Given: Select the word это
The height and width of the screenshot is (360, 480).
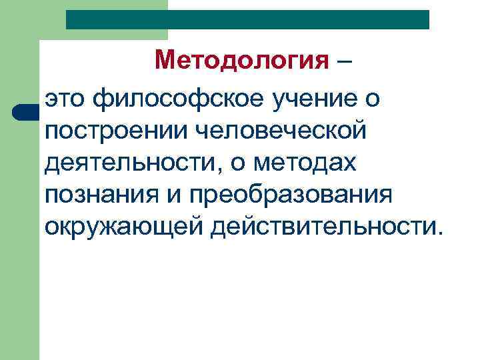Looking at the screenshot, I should [x=67, y=101].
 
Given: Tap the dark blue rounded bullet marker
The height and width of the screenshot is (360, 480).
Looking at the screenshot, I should [x=23, y=111].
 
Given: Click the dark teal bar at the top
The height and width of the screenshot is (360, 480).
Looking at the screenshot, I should [x=247, y=19].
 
